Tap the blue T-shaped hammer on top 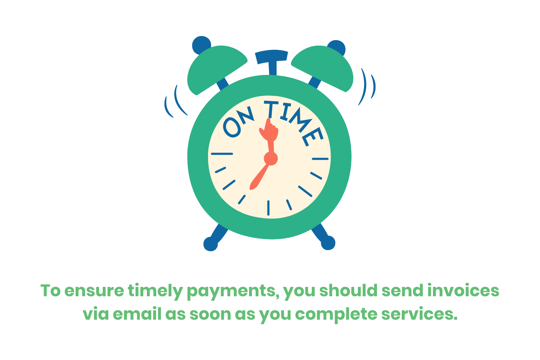pos(272,59)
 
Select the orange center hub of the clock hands pos(270,158)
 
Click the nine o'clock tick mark pos(222,154)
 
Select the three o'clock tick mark pos(320,158)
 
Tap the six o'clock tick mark pos(269,208)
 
